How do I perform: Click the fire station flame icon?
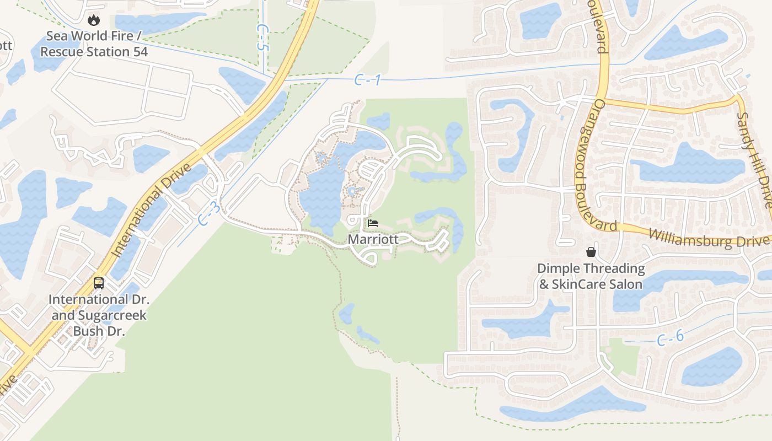(x=94, y=20)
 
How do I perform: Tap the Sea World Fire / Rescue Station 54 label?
(x=94, y=44)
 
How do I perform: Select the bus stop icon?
(x=99, y=283)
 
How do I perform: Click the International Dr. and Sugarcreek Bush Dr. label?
(x=99, y=315)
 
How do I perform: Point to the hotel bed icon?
(x=373, y=223)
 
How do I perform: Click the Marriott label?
(x=373, y=240)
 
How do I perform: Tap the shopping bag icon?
(x=591, y=252)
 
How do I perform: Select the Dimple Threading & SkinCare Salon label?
(x=591, y=277)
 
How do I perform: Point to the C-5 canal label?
(x=262, y=37)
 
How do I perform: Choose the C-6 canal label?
(x=670, y=337)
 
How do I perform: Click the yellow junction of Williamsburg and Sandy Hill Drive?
(x=737, y=98)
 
